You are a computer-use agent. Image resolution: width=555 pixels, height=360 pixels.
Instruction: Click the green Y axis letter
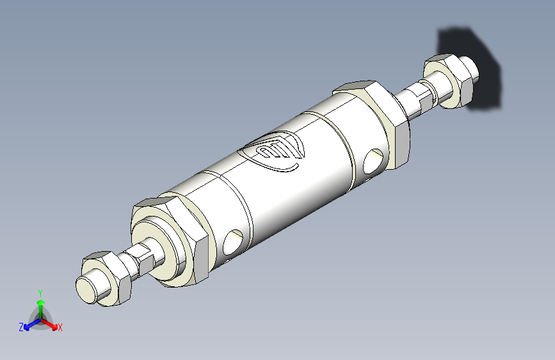point(40,293)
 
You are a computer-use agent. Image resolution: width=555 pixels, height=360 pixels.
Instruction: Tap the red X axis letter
point(60,327)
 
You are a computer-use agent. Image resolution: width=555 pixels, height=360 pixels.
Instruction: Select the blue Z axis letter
point(21,327)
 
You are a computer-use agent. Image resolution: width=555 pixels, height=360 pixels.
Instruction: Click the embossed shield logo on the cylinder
point(273,151)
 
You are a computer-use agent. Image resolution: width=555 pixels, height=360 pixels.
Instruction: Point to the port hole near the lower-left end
point(233,242)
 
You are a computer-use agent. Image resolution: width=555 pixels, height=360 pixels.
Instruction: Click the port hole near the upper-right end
point(373,161)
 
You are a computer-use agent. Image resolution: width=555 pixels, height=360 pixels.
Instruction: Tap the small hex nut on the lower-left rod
point(107,277)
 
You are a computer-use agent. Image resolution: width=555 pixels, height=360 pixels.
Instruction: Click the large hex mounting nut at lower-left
point(170,241)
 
